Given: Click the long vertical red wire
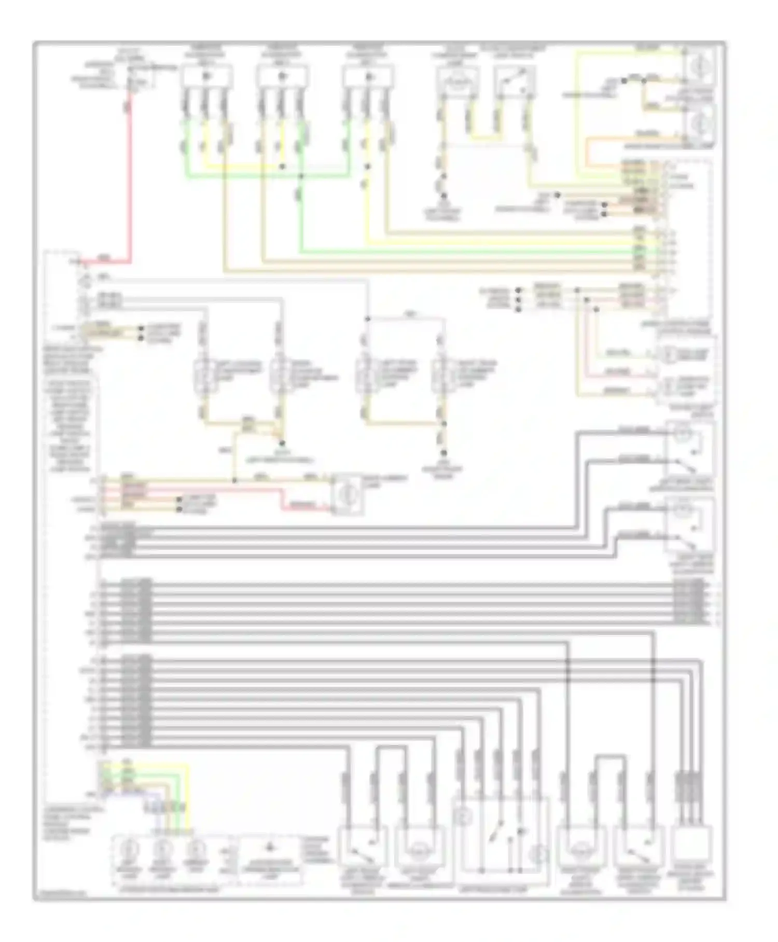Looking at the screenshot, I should coord(129,176).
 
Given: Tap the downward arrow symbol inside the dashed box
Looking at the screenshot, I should coord(269,848).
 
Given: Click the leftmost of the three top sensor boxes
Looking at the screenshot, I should coord(205,77).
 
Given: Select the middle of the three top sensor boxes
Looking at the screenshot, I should coord(282,77).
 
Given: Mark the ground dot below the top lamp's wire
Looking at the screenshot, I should coord(443,196).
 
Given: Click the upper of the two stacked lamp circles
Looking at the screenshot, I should coord(700,65).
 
